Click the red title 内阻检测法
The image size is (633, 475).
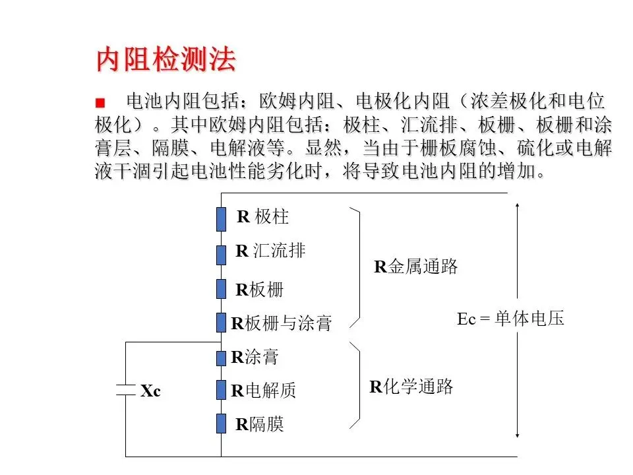(x=166, y=60)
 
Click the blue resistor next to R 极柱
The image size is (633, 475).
(x=222, y=220)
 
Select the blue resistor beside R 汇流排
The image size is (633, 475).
(x=222, y=254)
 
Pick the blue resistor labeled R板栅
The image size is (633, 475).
(x=222, y=289)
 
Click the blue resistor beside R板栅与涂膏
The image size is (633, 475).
(x=222, y=323)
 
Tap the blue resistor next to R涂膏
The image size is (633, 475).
(x=222, y=358)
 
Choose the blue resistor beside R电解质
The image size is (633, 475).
(x=222, y=390)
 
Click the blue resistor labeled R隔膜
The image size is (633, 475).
(x=222, y=423)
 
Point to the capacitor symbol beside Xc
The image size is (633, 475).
(x=125, y=390)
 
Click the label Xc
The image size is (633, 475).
(x=150, y=391)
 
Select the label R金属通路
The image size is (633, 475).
(x=416, y=267)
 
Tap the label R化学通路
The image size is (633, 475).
(x=411, y=387)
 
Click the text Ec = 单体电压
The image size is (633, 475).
(x=510, y=319)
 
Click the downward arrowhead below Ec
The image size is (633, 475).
(x=518, y=435)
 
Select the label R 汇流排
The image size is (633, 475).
(x=270, y=251)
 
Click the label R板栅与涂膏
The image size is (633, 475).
(x=281, y=323)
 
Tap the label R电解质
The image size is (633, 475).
(x=263, y=391)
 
